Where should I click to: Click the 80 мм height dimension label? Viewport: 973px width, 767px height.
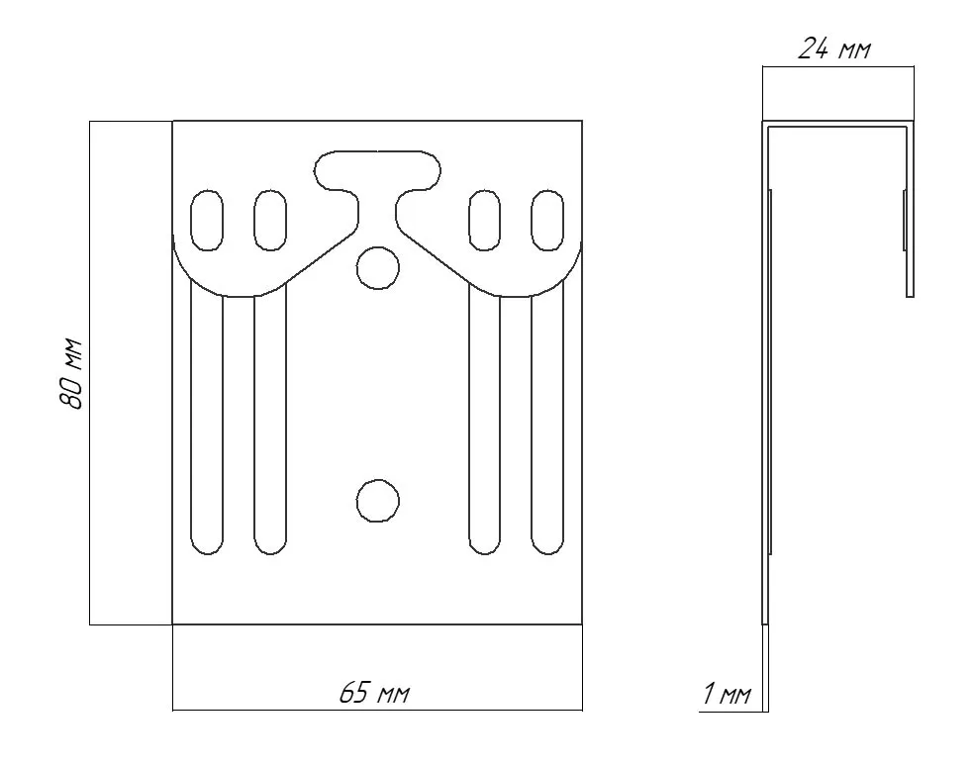coord(70,373)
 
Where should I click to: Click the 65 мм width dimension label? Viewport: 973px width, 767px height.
coord(375,693)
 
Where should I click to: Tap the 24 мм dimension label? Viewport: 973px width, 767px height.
coord(834,48)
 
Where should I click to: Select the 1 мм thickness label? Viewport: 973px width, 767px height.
coord(727,694)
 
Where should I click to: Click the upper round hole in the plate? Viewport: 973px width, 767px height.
coord(378,268)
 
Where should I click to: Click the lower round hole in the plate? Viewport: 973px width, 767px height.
coord(378,500)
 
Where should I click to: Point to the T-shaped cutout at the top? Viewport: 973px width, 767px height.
coord(377,186)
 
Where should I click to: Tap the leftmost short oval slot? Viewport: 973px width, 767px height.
coord(207,221)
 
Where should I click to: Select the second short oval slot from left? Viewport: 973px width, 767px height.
coord(270,221)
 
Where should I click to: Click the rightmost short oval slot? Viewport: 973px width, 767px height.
coord(547,221)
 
